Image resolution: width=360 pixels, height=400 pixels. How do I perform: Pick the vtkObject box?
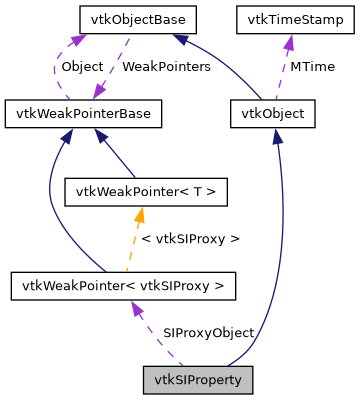coord(273,114)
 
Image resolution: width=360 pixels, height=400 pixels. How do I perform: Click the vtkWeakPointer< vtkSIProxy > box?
coord(124,286)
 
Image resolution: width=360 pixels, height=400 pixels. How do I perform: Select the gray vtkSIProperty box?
coord(198,380)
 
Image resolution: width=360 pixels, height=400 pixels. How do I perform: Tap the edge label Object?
coord(82,66)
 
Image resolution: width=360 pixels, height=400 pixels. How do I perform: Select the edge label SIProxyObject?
coord(208,332)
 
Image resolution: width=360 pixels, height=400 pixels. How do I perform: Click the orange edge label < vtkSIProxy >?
coord(191,239)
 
